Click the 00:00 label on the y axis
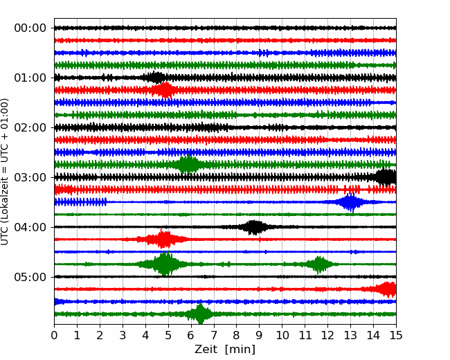30,28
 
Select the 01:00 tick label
30,78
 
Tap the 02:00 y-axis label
30,128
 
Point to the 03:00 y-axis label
30,178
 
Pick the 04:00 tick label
30,228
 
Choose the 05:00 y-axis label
30,278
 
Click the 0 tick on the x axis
55,336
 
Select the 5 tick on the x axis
168,336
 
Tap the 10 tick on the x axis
282,336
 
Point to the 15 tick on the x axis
396,336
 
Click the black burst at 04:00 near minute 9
254,227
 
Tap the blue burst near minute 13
350,202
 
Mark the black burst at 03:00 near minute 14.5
385,177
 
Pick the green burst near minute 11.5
319,264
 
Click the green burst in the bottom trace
200,314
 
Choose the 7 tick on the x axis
214,336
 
